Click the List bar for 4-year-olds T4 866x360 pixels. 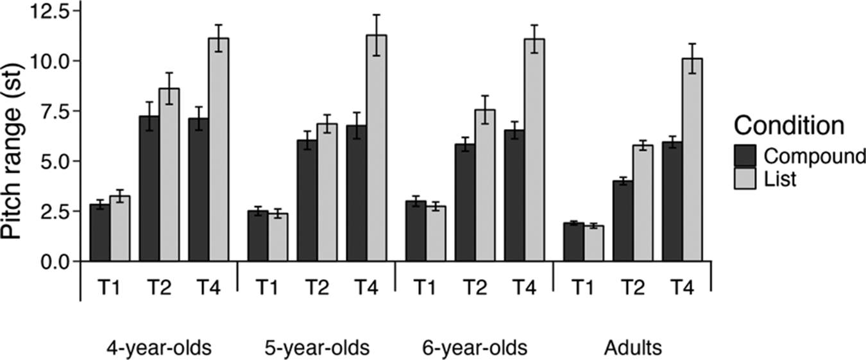[x=219, y=150]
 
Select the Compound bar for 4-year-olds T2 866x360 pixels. [x=149, y=189]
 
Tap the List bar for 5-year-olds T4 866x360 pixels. [x=377, y=148]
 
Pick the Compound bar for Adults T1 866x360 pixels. [x=573, y=242]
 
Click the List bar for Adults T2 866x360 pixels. [x=643, y=203]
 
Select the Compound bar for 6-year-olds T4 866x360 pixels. [x=514, y=196]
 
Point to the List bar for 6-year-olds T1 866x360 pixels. [x=436, y=234]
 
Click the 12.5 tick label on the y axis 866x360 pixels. [x=51, y=11]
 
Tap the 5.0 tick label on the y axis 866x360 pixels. [x=55, y=161]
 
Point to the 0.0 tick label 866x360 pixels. [x=55, y=261]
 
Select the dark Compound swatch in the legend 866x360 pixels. [x=745, y=156]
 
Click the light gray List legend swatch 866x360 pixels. [x=745, y=178]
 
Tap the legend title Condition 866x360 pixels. [x=788, y=125]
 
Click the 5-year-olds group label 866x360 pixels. [x=317, y=348]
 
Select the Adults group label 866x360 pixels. [x=633, y=348]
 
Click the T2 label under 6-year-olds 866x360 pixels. [x=475, y=288]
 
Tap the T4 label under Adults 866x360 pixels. [x=683, y=288]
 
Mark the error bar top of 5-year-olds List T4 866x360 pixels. [x=377, y=15]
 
